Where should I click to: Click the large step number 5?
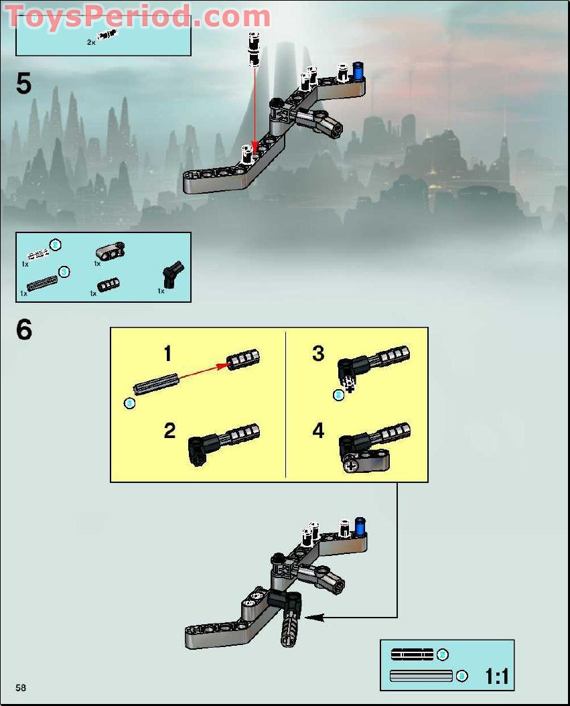(23, 84)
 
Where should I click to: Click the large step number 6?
(24, 330)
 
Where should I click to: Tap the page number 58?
(21, 688)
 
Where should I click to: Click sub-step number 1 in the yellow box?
(167, 353)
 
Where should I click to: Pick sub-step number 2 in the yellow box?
(169, 431)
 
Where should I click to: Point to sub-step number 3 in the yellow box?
(318, 353)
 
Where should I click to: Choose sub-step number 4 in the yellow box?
(318, 431)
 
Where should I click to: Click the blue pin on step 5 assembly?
(358, 70)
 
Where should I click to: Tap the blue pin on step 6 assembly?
(360, 526)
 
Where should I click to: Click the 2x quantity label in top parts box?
(91, 42)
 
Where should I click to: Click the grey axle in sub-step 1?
(155, 384)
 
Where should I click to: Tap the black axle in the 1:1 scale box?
(412, 654)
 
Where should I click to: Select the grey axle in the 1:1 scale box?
(421, 676)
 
